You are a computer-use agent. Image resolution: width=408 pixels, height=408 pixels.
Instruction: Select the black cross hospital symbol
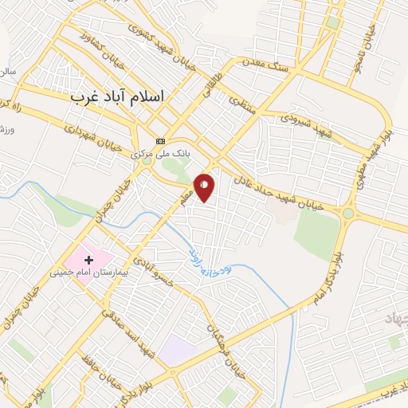(x=88, y=259)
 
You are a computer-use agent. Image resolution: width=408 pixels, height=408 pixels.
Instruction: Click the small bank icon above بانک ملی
(x=161, y=142)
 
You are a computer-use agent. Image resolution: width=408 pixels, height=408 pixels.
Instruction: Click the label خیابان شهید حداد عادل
(x=284, y=194)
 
